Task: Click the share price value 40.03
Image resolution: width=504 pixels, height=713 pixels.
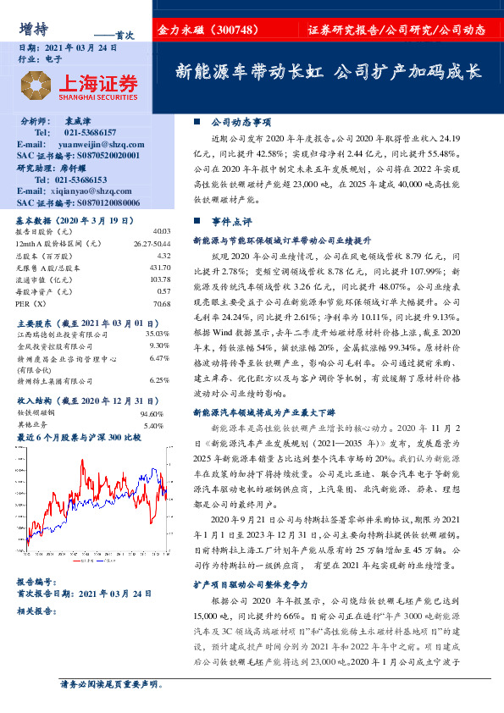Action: tap(161, 231)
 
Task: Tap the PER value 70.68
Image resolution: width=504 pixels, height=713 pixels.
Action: tap(161, 302)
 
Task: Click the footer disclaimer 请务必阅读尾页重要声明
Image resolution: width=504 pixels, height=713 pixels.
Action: tap(109, 684)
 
